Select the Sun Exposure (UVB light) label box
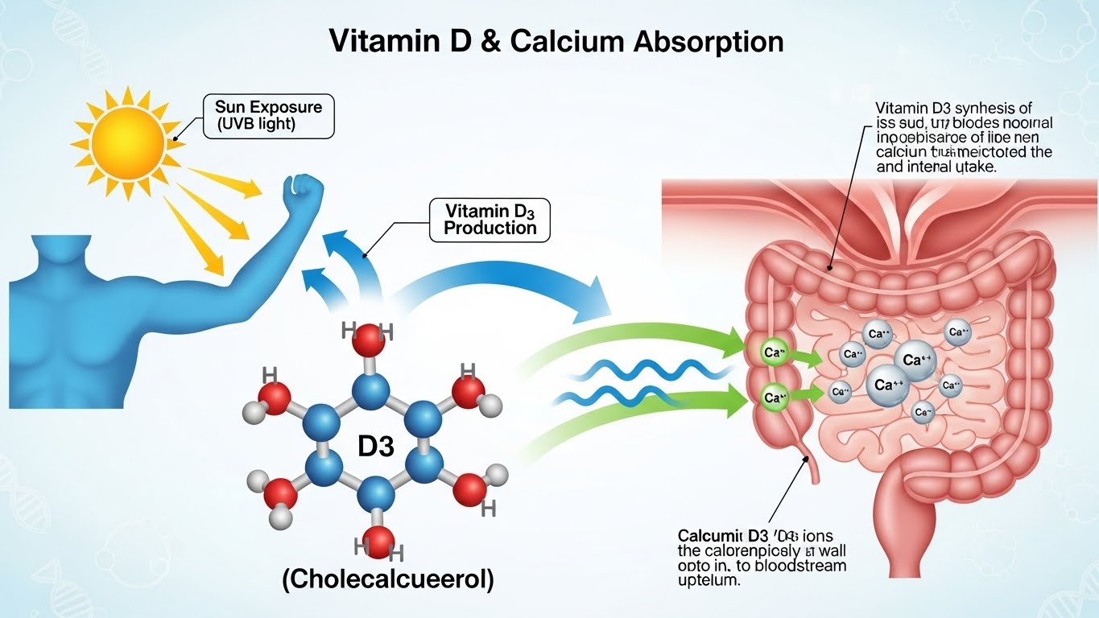point(268,115)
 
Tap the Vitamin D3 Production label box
point(490,219)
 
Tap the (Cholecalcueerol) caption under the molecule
point(388,580)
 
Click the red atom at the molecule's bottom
point(378,542)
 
